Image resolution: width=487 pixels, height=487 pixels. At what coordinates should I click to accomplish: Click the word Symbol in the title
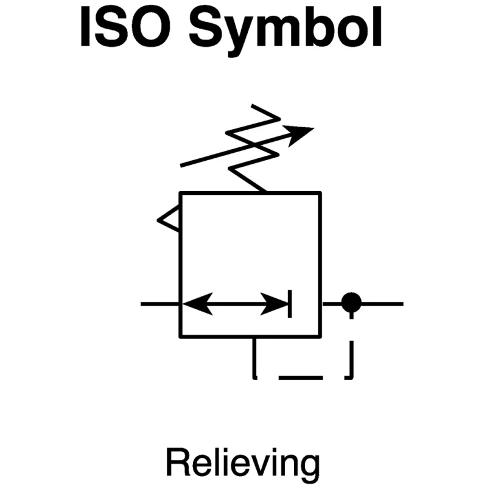pos(286,31)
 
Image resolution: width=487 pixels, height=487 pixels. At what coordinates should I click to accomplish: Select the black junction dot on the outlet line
pos(351,302)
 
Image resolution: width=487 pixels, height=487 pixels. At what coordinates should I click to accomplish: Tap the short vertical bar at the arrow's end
pos(290,304)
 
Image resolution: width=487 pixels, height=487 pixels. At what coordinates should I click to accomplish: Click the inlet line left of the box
pos(160,304)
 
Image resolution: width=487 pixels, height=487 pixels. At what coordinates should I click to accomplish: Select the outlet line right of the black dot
pos(383,304)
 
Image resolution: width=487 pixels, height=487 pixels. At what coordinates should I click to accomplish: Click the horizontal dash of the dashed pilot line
pos(301,377)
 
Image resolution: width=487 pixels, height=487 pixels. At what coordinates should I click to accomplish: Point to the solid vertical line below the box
pos(254,358)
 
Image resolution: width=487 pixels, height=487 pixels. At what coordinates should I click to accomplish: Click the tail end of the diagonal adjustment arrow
pos(181,166)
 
